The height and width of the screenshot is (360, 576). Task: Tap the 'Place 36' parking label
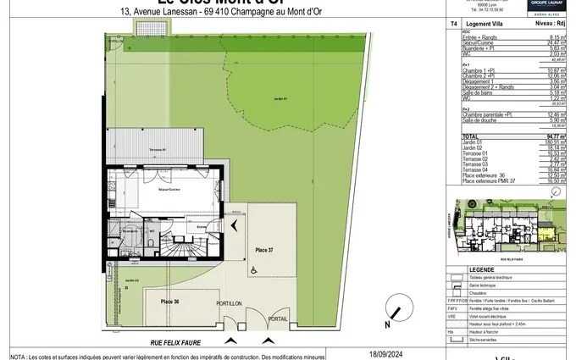click(x=170, y=302)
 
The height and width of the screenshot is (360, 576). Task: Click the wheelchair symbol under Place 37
click(x=254, y=271)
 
